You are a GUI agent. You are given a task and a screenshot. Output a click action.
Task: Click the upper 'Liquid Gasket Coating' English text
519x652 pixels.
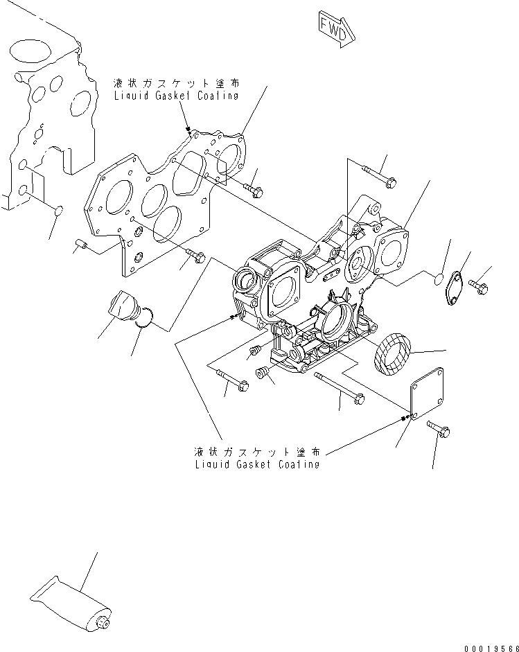pos(176,96)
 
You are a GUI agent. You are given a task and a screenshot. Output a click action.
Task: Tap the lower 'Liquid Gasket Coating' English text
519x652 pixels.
pos(257,464)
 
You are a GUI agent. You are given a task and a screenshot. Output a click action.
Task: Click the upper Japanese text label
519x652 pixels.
pos(176,83)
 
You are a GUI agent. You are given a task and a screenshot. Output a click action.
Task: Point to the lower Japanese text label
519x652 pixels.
pos(257,452)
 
